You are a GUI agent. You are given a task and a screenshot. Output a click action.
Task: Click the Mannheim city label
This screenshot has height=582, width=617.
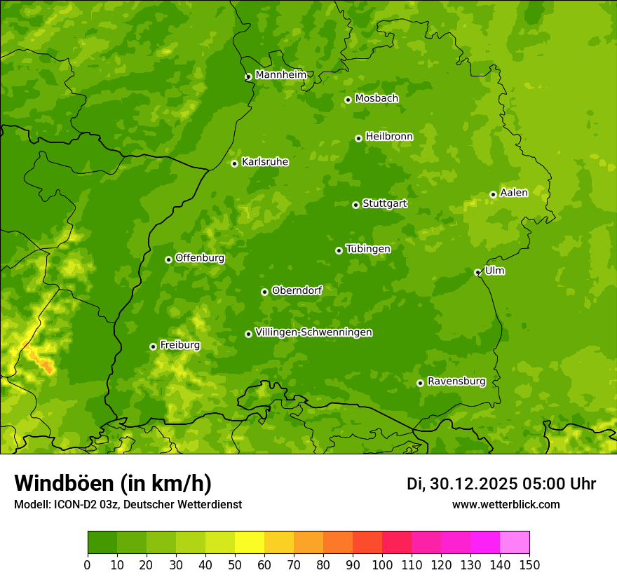click(280, 75)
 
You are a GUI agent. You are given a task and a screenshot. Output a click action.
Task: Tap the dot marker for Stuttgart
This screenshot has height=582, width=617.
click(355, 205)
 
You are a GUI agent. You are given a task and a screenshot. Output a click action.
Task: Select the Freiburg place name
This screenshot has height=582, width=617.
click(179, 345)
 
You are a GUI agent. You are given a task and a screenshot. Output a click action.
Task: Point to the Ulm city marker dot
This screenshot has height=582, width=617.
click(477, 272)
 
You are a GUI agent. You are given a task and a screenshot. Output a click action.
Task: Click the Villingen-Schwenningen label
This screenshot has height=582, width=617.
click(313, 332)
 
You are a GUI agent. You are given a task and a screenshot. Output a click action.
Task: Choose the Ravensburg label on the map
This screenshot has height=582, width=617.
click(456, 381)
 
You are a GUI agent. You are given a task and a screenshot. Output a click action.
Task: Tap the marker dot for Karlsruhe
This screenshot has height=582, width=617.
click(234, 163)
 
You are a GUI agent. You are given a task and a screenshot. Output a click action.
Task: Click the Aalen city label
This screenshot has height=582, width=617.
click(514, 193)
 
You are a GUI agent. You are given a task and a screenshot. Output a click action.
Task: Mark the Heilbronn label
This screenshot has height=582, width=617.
click(389, 137)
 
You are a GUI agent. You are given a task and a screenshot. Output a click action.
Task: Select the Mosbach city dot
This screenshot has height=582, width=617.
click(348, 100)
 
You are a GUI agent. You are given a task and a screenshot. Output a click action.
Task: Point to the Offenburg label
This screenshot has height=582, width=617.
click(200, 258)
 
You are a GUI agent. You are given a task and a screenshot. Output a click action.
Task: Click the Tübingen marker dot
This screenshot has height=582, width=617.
click(339, 250)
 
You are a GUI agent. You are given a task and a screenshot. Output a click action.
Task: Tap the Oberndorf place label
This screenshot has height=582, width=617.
click(297, 290)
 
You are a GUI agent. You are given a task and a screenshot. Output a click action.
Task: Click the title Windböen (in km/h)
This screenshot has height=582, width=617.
click(113, 483)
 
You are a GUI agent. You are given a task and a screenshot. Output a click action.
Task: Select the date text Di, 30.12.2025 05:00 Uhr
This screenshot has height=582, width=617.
click(501, 484)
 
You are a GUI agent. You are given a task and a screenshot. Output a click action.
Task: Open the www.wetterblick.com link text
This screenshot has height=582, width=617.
click(506, 504)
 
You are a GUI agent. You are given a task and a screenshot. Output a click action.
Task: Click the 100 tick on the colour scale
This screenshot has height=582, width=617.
click(382, 564)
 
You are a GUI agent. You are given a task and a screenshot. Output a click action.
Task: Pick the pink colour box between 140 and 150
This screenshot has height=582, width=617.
click(515, 543)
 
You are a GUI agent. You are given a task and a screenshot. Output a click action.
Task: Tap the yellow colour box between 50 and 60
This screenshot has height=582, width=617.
click(250, 543)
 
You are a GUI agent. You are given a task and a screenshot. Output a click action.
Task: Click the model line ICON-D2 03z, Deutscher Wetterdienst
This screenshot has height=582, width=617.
click(128, 504)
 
